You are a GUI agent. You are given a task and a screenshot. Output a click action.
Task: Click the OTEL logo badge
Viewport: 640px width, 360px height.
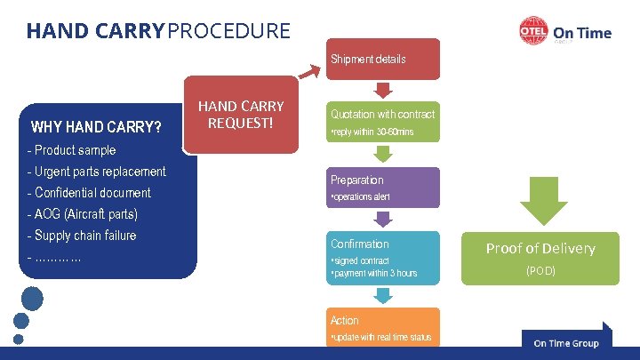click(532, 33)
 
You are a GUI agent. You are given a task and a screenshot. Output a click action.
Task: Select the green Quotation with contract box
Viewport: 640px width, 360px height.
click(382, 123)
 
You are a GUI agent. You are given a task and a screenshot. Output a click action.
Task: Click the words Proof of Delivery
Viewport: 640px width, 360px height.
click(540, 248)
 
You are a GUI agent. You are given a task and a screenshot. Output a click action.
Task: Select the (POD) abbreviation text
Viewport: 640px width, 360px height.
click(540, 270)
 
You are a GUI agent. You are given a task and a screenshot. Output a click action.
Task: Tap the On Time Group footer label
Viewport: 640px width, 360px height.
click(566, 343)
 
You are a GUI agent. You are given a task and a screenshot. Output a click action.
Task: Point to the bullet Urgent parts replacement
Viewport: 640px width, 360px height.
click(97, 171)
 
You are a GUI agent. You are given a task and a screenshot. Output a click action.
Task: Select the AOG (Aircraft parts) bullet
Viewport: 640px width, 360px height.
click(83, 213)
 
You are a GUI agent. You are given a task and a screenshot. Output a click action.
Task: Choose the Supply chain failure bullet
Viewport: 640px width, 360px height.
click(82, 236)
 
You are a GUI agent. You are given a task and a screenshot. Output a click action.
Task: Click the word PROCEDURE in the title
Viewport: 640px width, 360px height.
click(229, 31)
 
